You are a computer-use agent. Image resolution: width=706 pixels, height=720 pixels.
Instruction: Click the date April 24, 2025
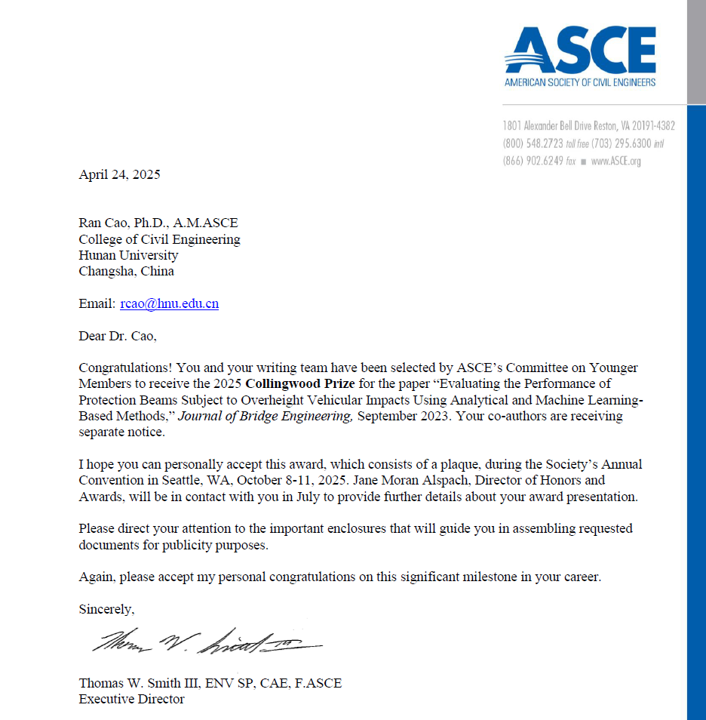coord(119,175)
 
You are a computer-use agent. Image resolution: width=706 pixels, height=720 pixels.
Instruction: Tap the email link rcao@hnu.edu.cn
coord(169,303)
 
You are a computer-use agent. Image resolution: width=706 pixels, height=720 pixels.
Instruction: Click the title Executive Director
coord(131,699)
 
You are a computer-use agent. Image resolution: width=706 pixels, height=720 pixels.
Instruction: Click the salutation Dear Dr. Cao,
coord(117,336)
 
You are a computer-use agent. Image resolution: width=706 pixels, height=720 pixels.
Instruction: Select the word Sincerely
coord(106,609)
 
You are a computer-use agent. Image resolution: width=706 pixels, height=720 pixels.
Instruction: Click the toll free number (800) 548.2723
coord(533,143)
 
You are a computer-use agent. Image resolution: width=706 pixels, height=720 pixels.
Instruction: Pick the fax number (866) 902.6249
coord(533,161)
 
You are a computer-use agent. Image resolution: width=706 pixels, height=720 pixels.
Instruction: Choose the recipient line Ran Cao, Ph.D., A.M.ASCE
coord(158,223)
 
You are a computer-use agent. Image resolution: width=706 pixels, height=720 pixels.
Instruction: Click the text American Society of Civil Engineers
coord(580,82)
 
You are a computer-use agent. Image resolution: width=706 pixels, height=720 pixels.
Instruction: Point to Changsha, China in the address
coord(126,271)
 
